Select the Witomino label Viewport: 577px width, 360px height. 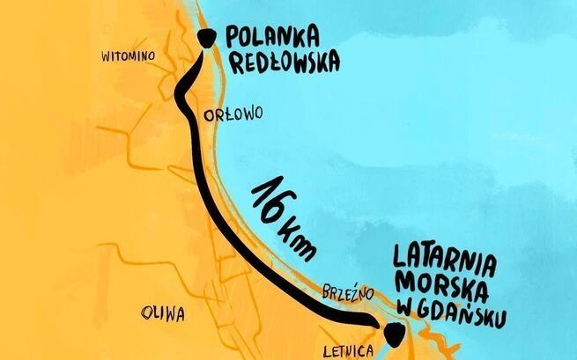point(129,56)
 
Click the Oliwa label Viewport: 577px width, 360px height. point(160,312)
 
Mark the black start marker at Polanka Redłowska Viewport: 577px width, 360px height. point(208,37)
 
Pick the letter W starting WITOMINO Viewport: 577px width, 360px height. point(106,56)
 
